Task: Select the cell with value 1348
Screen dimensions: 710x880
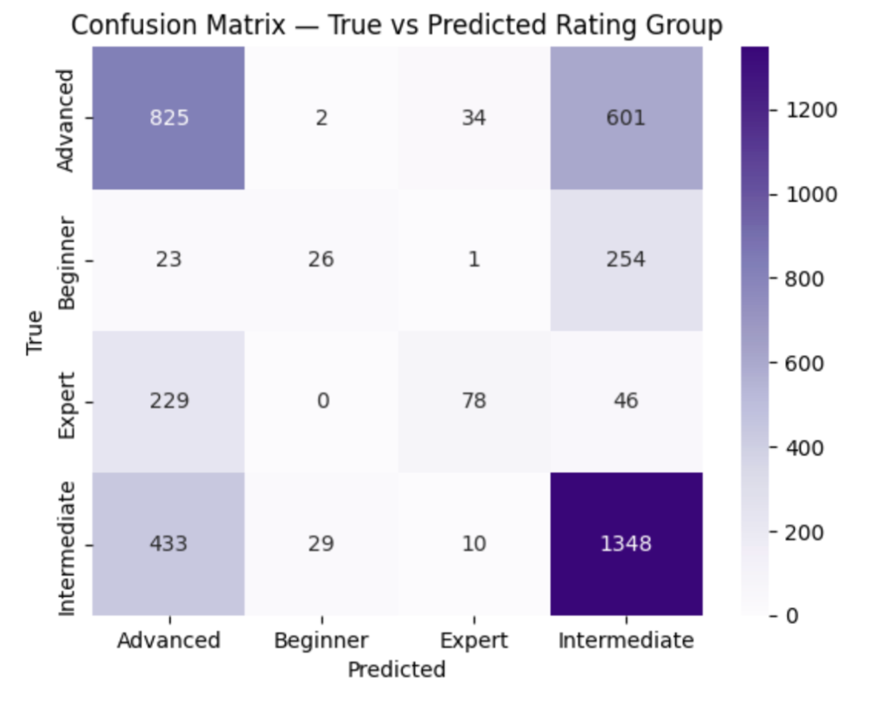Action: [626, 544]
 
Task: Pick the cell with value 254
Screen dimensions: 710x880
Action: [626, 259]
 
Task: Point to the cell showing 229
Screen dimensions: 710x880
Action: [169, 401]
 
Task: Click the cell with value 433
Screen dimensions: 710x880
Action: [169, 544]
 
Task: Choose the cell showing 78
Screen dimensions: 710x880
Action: [473, 401]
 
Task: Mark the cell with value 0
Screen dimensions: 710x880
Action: [321, 401]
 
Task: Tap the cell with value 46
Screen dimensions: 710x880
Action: [626, 401]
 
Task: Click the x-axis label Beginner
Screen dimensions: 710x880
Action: [321, 640]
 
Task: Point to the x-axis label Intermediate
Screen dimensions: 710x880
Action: [626, 640]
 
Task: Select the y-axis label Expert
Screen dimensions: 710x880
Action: [67, 402]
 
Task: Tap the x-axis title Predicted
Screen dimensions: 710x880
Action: [397, 669]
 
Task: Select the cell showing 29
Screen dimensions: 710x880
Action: [321, 544]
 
